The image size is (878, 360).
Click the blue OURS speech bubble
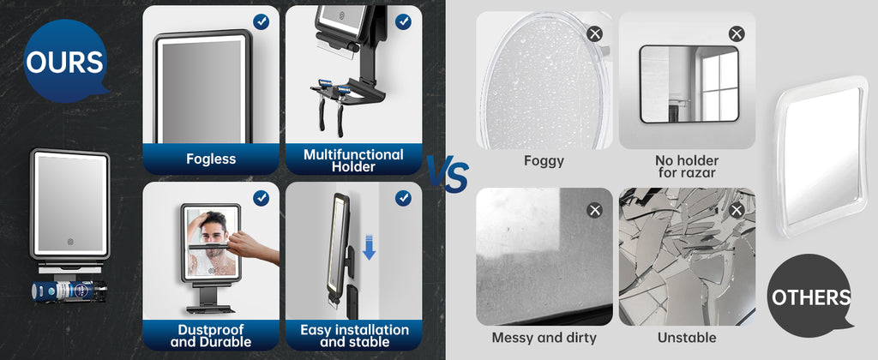coord(65,61)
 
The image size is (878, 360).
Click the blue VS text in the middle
coord(448,174)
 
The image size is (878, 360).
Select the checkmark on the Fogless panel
coord(261,21)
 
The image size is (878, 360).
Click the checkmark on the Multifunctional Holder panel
coord(403,21)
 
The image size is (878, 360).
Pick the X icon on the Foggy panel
coord(595,34)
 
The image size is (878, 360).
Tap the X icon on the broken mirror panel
coord(737,211)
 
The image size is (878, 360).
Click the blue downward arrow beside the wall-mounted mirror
coord(369,247)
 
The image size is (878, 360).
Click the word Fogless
coord(211,159)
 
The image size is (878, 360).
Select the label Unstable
coord(687,338)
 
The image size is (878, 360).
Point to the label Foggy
coord(544,160)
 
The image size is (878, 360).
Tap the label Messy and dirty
coord(544,338)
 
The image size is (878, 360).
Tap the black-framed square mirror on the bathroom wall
coord(689,84)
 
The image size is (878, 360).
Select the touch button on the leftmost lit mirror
coord(71,243)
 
